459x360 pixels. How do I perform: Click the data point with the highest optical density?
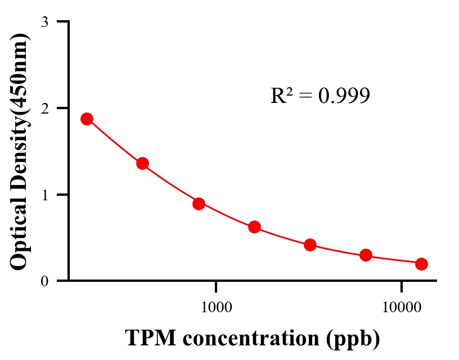coord(87,119)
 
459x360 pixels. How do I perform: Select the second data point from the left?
coord(142,164)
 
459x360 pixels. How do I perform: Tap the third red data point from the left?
coord(199,204)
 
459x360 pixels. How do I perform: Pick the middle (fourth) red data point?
coord(254,227)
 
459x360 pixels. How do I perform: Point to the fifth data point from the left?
coord(310,245)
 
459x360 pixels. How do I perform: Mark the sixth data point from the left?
coord(366,255)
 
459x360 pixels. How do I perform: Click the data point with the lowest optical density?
coord(421,264)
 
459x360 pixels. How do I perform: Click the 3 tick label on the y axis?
coord(44,22)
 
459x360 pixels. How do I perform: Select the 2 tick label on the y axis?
coord(44,108)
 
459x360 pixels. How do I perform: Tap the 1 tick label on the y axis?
coord(44,195)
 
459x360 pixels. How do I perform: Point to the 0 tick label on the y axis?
coord(44,281)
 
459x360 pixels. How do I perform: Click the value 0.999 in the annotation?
coord(344,96)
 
